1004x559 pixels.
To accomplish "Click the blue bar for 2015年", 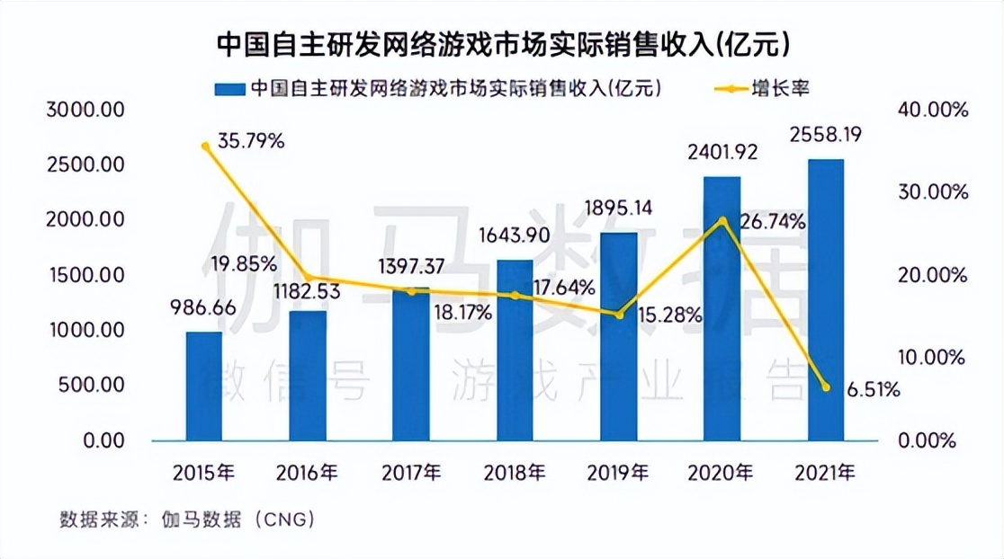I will click(x=203, y=386).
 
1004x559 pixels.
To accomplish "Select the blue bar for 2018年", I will click(x=515, y=350).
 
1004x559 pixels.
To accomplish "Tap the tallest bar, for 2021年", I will click(x=825, y=300).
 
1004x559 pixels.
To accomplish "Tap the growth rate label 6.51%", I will click(x=874, y=389).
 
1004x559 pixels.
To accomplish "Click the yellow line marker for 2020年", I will click(x=722, y=220).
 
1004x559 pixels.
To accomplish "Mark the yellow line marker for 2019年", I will click(x=619, y=315).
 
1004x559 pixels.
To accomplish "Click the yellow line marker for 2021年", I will click(x=825, y=387).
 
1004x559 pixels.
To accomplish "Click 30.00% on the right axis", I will click(x=932, y=192).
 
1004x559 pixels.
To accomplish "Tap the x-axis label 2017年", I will click(x=411, y=472).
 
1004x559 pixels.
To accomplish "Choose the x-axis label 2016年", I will click(x=308, y=472).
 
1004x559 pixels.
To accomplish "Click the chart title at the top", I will click(x=502, y=43).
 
